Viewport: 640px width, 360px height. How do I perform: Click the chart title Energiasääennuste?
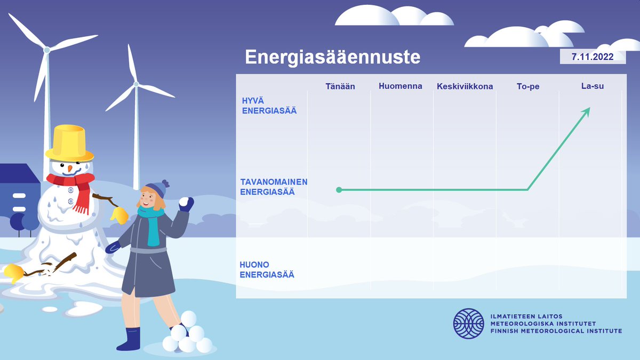pyautogui.click(x=332, y=57)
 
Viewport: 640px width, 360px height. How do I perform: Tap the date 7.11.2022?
pyautogui.click(x=593, y=57)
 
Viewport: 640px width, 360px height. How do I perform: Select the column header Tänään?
pyautogui.click(x=340, y=86)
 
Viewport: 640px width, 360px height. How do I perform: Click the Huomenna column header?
pyautogui.click(x=401, y=86)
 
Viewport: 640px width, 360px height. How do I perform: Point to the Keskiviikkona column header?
pyautogui.click(x=465, y=86)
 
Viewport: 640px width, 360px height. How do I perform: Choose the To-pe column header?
pyautogui.click(x=528, y=86)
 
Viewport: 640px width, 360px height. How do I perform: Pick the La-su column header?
pyautogui.click(x=592, y=86)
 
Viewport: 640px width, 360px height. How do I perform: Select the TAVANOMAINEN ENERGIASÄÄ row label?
pyautogui.click(x=274, y=187)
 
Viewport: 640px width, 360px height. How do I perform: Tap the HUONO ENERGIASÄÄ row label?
pyautogui.click(x=267, y=270)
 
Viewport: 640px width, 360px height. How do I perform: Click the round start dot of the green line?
pyautogui.click(x=339, y=190)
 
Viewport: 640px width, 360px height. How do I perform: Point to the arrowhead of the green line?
pyautogui.click(x=587, y=110)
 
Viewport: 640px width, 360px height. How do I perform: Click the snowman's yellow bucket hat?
pyautogui.click(x=70, y=143)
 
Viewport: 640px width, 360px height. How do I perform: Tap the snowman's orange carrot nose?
pyautogui.click(x=69, y=169)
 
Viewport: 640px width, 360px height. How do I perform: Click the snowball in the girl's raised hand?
pyautogui.click(x=185, y=202)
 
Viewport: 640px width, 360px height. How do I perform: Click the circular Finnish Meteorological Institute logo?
pyautogui.click(x=469, y=323)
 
